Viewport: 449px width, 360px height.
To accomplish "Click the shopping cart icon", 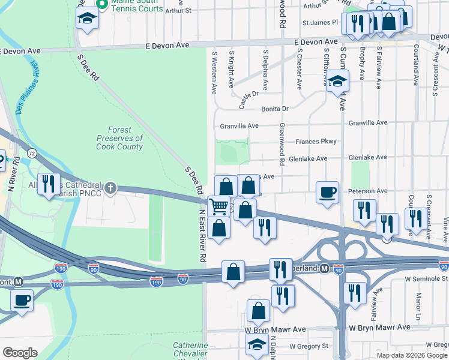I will [219, 206].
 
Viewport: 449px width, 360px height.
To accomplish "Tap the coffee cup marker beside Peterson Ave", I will [327, 193].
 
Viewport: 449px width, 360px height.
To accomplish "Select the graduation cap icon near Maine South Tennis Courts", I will [87, 18].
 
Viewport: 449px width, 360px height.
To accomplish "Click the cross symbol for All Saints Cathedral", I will [110, 188].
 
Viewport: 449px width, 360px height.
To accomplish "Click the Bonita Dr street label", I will [275, 109].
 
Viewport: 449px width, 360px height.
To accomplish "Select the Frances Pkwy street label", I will [316, 142].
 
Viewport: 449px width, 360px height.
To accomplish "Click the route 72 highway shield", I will [32, 154].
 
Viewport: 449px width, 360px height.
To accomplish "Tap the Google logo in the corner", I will [20, 352].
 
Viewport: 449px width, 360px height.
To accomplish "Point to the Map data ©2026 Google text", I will [412, 355].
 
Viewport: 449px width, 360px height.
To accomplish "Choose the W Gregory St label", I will [309, 346].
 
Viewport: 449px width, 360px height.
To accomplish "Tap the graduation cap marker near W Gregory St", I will [258, 346].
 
